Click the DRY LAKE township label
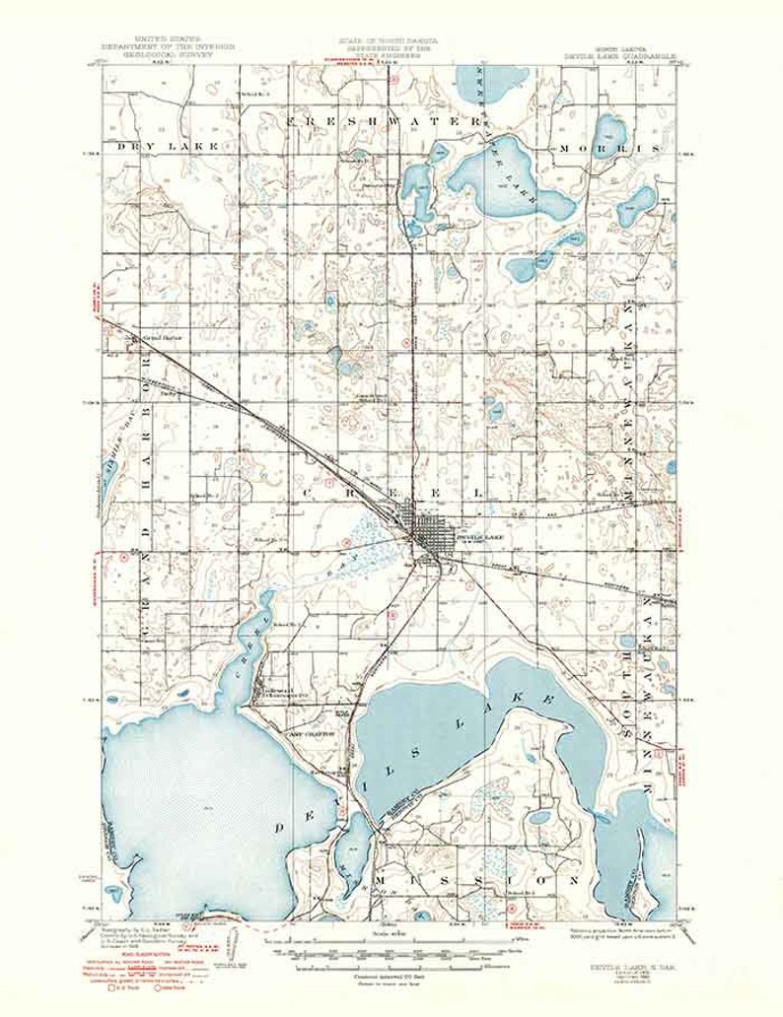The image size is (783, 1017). tap(152, 146)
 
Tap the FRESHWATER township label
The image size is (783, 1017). tap(375, 119)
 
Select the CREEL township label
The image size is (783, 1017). tap(394, 491)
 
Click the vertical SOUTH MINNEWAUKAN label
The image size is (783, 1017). tap(650, 690)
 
